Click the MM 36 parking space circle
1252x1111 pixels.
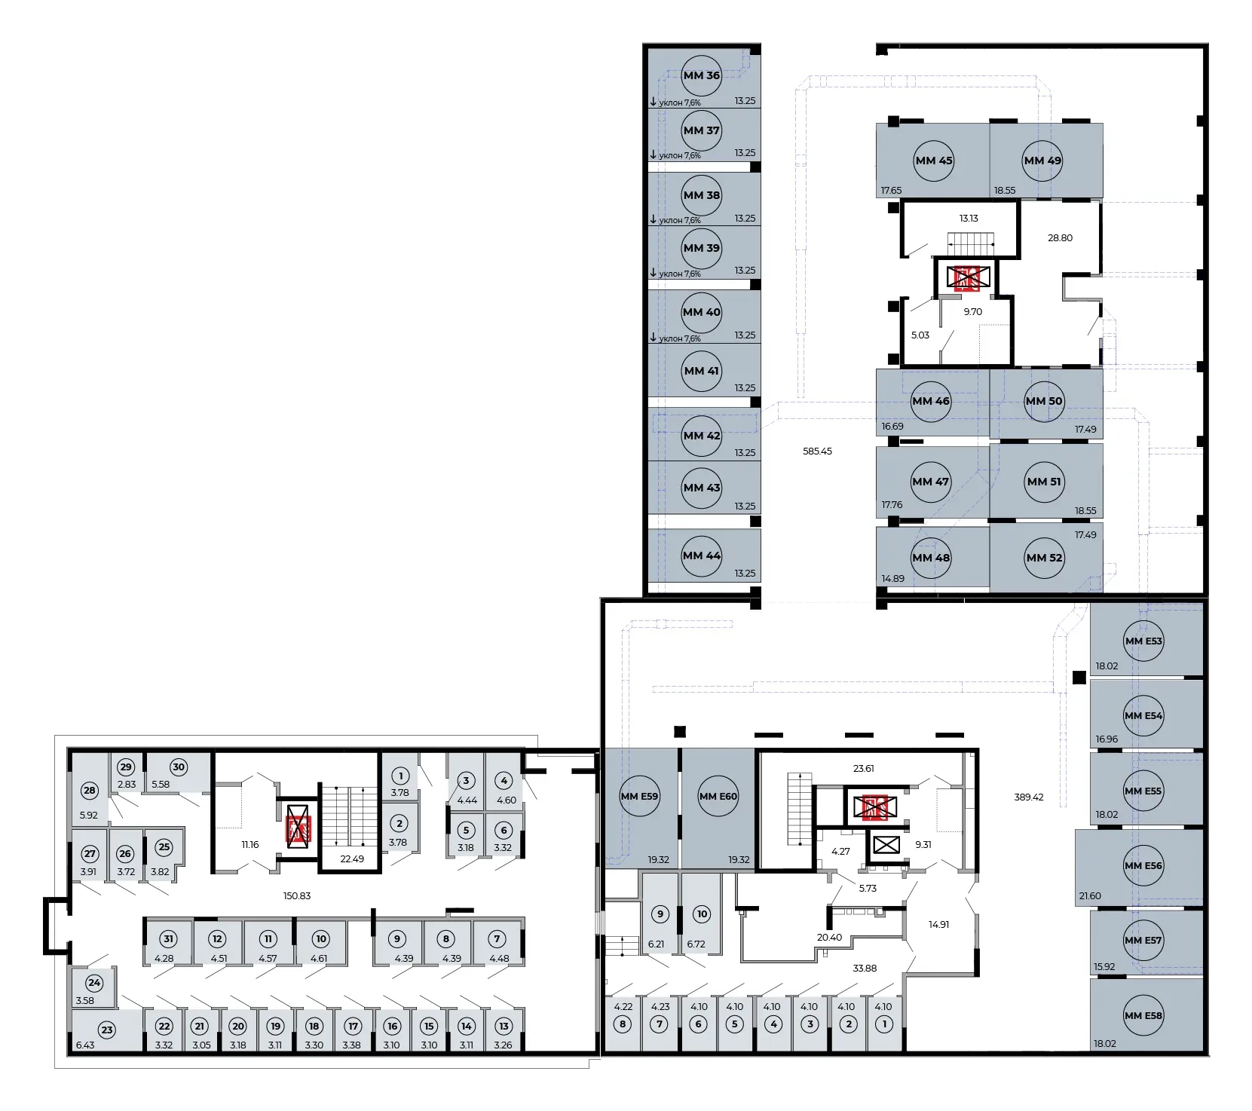pyautogui.click(x=702, y=75)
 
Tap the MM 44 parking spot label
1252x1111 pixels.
pyautogui.click(x=702, y=555)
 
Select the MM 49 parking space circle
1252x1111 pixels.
pyautogui.click(x=1042, y=161)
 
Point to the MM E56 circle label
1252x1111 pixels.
pyautogui.click(x=1143, y=866)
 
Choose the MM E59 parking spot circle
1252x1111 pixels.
pyautogui.click(x=640, y=797)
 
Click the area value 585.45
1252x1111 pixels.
pyautogui.click(x=818, y=451)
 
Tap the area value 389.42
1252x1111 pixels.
pyautogui.click(x=1029, y=797)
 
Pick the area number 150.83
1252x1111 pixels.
pyautogui.click(x=296, y=896)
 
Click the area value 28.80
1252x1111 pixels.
pyautogui.click(x=1060, y=237)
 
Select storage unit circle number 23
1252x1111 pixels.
pyautogui.click(x=107, y=1030)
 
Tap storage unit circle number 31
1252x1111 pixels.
pyautogui.click(x=169, y=939)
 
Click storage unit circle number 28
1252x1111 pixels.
pyautogui.click(x=90, y=791)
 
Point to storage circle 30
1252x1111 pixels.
pyautogui.click(x=178, y=767)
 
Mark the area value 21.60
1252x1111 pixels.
pyautogui.click(x=1090, y=896)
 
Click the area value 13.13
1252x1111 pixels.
pyautogui.click(x=969, y=219)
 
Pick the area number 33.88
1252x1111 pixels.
pyautogui.click(x=865, y=969)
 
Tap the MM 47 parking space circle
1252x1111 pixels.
pyautogui.click(x=931, y=482)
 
